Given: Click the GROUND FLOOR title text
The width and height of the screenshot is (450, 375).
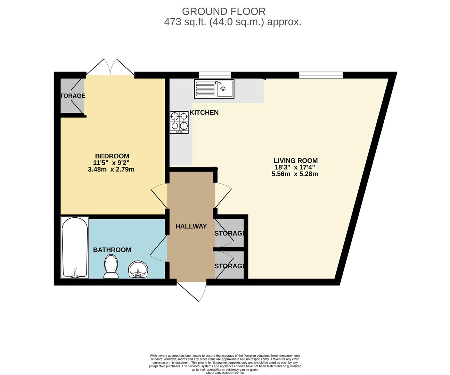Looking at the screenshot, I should coord(223,11).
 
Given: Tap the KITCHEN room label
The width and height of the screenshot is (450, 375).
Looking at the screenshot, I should coord(204,112).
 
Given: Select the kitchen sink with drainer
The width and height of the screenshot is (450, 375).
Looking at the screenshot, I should coord(214,88).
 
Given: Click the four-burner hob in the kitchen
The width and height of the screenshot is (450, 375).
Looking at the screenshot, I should coord(179,122).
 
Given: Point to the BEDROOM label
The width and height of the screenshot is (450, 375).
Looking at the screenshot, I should coord(112,156).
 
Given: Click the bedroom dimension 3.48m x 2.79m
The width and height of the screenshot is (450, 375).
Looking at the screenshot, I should coord(111,170).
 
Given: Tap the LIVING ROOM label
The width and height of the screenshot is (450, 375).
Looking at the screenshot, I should coord(295,161).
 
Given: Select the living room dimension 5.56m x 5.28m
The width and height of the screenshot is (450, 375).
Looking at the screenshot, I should coord(295,174).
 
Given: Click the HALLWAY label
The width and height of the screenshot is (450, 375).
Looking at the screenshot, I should coord(191,226).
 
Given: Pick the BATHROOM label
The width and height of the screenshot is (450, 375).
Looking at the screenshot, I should coord(112,250).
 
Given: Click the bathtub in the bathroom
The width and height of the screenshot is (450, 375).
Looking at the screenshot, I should coord(75,247).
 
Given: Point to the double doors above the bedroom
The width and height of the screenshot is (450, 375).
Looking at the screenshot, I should coord(110,67).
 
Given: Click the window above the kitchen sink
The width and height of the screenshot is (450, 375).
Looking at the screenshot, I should coord(215,75).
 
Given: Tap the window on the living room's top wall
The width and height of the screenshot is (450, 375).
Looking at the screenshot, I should coord(321,75).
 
